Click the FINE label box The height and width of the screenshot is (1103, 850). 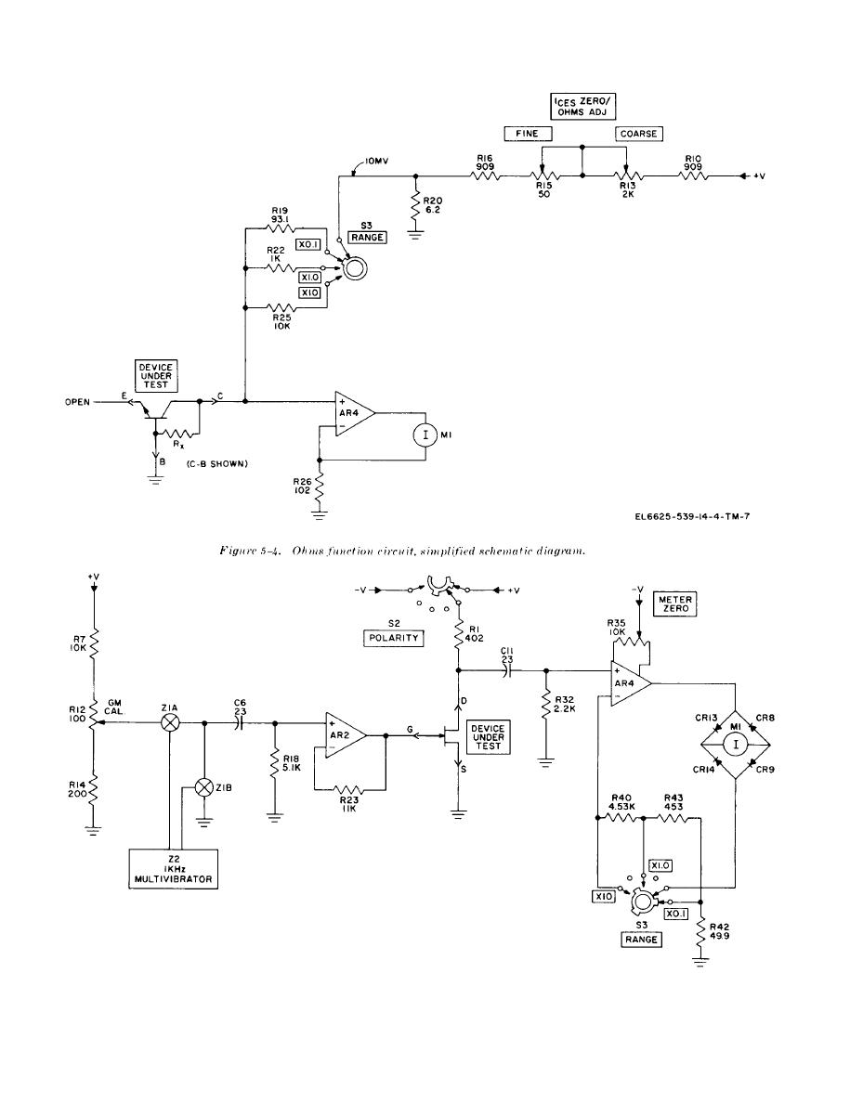528,134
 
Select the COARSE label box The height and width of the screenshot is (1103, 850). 639,134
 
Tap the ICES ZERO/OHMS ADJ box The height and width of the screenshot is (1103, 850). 582,106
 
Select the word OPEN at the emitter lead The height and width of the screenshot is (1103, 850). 77,402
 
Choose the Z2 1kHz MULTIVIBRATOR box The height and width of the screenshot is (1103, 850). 173,869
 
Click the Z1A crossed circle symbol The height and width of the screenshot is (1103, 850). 170,722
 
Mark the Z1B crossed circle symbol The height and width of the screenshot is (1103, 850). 204,788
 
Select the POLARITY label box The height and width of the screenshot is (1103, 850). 394,638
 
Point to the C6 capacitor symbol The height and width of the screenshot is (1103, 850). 242,722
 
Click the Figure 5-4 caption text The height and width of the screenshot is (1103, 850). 402,551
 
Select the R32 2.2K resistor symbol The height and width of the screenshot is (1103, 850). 545,704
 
